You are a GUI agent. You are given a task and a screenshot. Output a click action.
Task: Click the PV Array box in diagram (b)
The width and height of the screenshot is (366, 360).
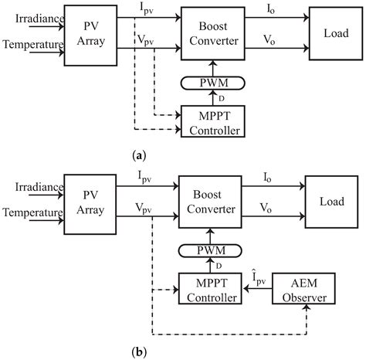[x=90, y=203]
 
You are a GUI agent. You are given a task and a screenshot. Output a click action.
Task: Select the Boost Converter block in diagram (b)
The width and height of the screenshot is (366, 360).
[x=208, y=203]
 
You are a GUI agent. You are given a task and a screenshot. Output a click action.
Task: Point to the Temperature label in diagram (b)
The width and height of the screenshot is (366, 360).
[x=31, y=216]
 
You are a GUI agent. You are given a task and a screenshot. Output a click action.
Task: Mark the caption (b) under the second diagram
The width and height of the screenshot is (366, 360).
[x=183, y=352]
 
